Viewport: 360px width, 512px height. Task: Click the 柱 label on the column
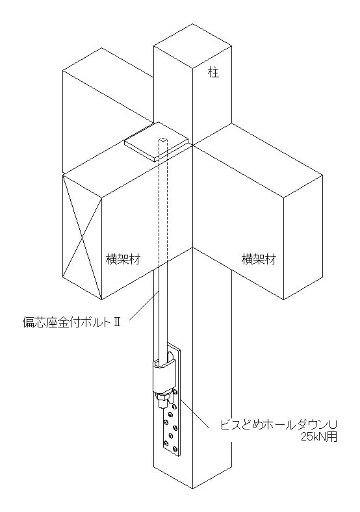pyautogui.click(x=214, y=73)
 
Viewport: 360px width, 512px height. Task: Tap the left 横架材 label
pyautogui.click(x=123, y=259)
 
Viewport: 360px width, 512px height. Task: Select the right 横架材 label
pyautogui.click(x=259, y=259)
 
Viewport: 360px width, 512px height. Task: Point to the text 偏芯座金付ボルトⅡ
pyautogui.click(x=72, y=323)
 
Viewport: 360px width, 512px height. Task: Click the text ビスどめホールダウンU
pyautogui.click(x=278, y=426)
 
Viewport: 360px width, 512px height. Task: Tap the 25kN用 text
pyautogui.click(x=318, y=437)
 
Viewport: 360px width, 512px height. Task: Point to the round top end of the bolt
pyautogui.click(x=163, y=141)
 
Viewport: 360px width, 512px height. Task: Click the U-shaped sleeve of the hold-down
pyautogui.click(x=162, y=376)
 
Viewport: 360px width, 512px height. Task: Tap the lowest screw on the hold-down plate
pyautogui.click(x=167, y=443)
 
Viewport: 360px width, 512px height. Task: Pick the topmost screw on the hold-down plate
pyautogui.click(x=175, y=392)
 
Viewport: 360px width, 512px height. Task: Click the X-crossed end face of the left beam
pyautogui.click(x=82, y=236)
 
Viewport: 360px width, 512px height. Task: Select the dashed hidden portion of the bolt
pyautogui.click(x=163, y=203)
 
